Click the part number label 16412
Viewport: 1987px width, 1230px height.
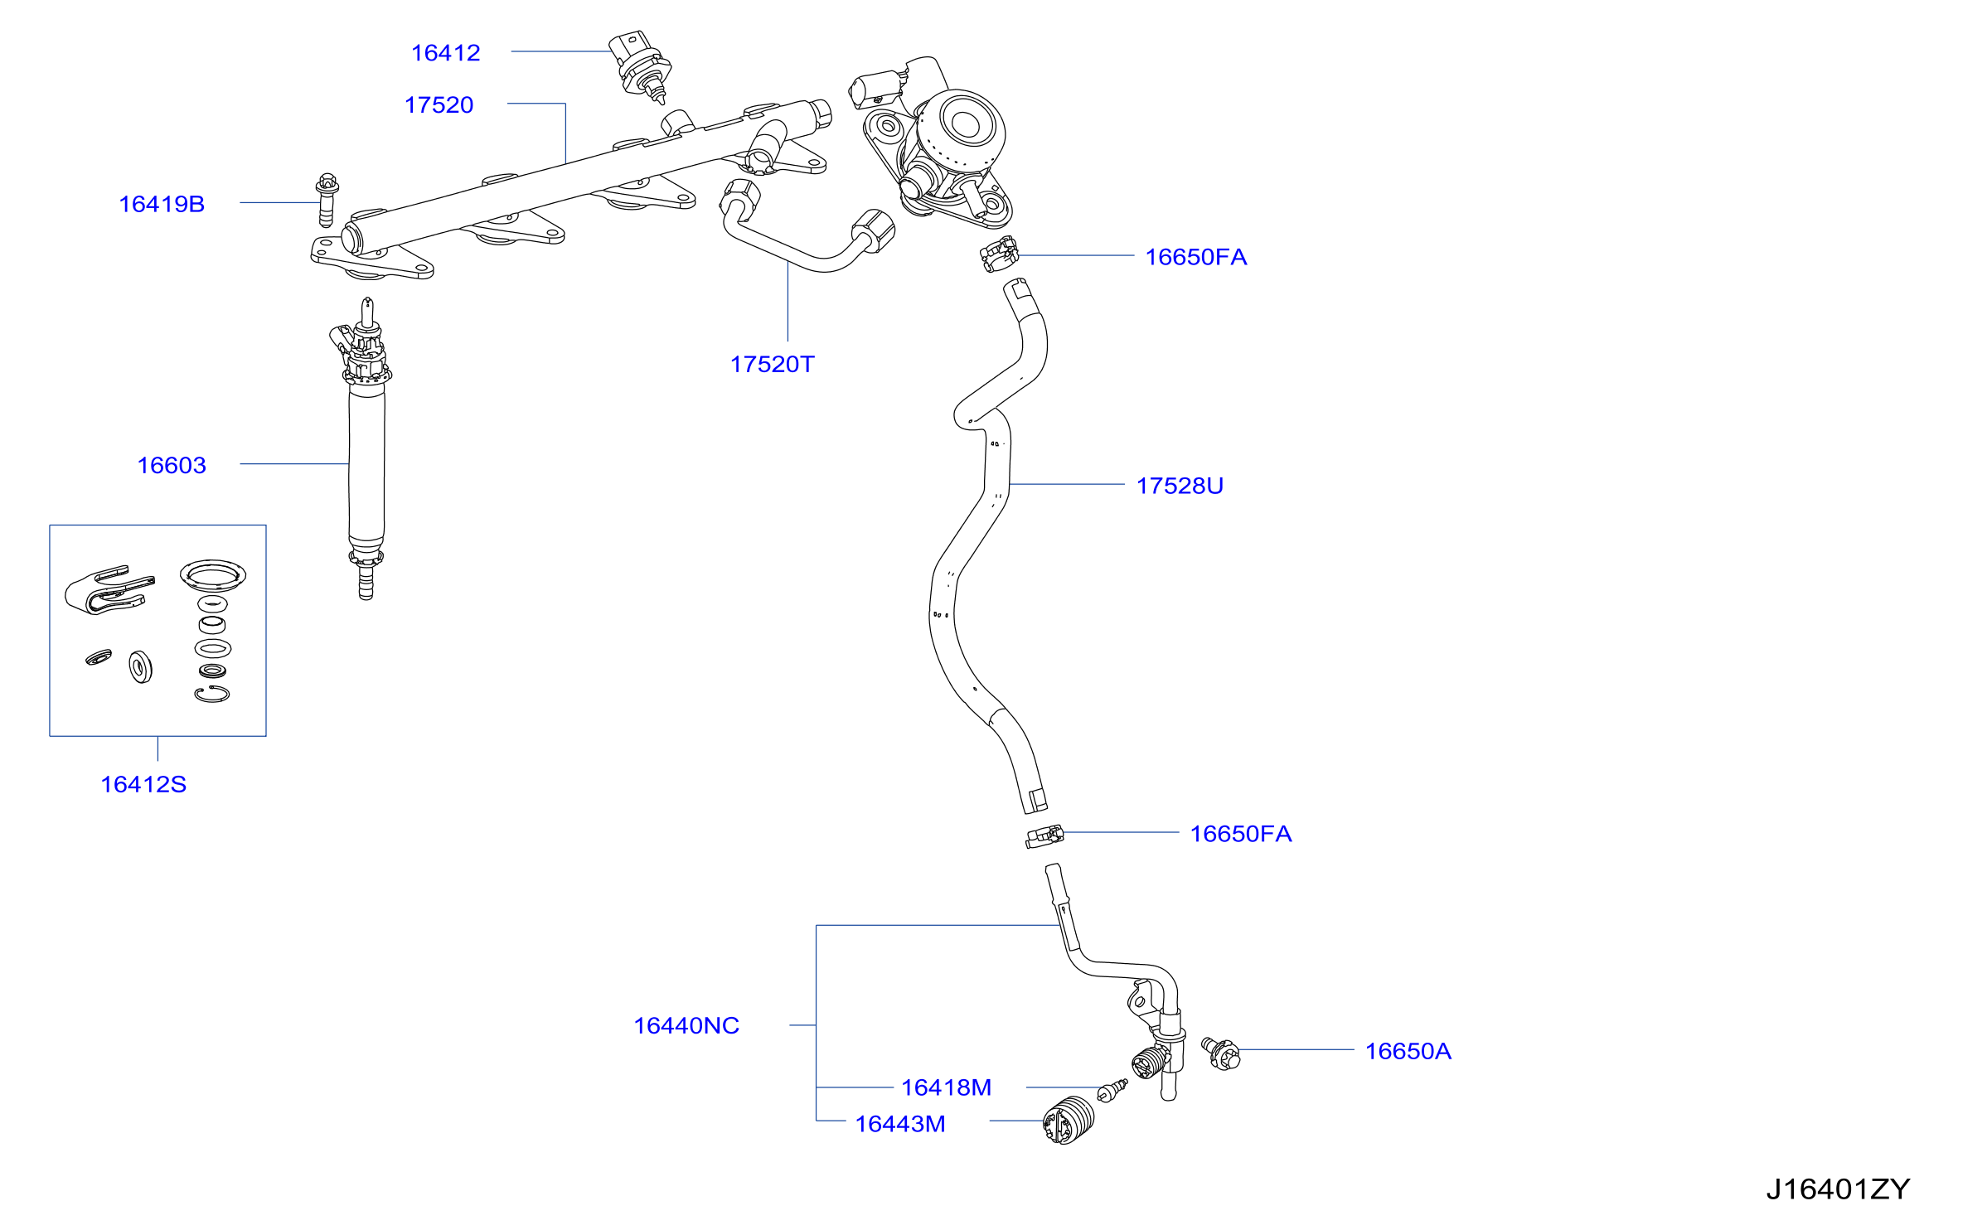[x=446, y=53]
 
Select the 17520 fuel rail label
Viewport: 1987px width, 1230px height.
[x=439, y=105]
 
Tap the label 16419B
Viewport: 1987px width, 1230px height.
[x=162, y=204]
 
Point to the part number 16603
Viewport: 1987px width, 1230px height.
[x=172, y=466]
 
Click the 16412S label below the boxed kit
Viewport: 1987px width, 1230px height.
[x=143, y=785]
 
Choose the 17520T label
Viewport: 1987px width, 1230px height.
[x=772, y=365]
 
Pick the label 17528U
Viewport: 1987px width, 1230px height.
[x=1180, y=486]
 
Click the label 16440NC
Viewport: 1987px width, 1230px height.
[x=686, y=1026]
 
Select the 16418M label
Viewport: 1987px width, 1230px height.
[x=946, y=1087]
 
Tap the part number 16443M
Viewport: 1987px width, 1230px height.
[x=900, y=1124]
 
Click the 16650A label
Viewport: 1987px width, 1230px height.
[x=1408, y=1052]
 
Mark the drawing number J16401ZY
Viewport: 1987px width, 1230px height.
[x=1838, y=1190]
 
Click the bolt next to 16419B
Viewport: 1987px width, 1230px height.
[x=327, y=200]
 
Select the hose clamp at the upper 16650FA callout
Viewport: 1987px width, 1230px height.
[x=999, y=254]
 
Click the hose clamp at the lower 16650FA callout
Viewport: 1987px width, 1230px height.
[x=1044, y=836]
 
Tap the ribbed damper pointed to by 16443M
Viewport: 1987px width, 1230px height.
[x=1069, y=1120]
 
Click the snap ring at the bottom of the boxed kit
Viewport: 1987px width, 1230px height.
[x=212, y=695]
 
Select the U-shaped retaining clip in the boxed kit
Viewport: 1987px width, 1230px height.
[x=109, y=590]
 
